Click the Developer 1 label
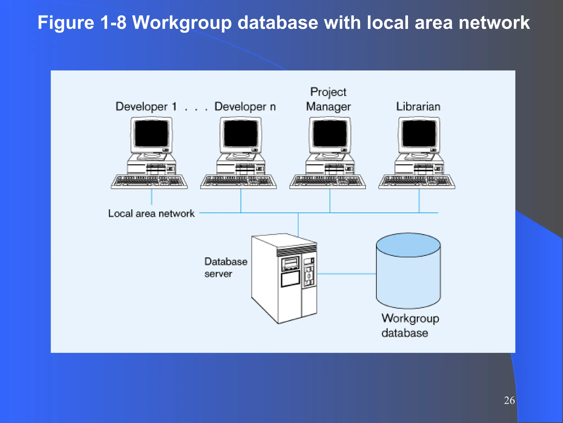[146, 107]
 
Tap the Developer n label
[245, 107]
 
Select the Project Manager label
[329, 99]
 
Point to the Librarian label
[418, 107]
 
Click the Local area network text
[151, 213]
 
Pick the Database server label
[225, 267]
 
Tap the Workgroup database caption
[410, 326]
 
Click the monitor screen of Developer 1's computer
[151, 134]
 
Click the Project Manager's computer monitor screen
[330, 134]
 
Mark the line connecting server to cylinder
[346, 274]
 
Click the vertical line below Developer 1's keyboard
[151, 197]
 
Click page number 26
[509, 400]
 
